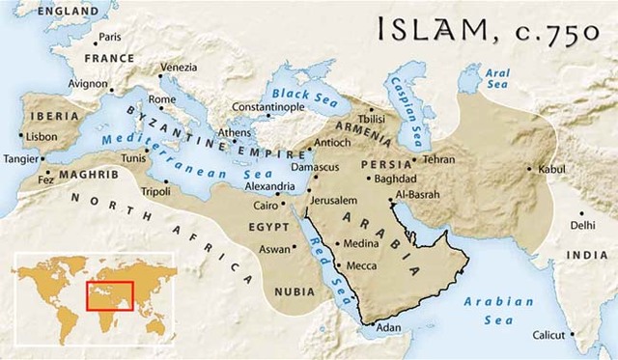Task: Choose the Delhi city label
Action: pyautogui.click(x=582, y=225)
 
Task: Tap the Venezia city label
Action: pyautogui.click(x=179, y=67)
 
